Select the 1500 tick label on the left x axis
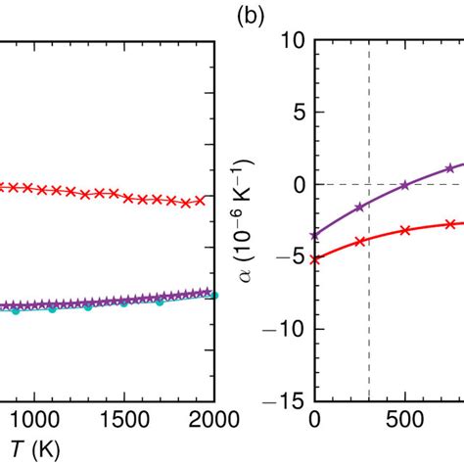pos(124,420)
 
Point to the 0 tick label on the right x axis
pos(314,420)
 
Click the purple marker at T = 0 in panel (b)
pos(314,235)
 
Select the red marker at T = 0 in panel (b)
pos(314,259)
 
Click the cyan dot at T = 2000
pos(213,295)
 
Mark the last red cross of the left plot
pos(201,200)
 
